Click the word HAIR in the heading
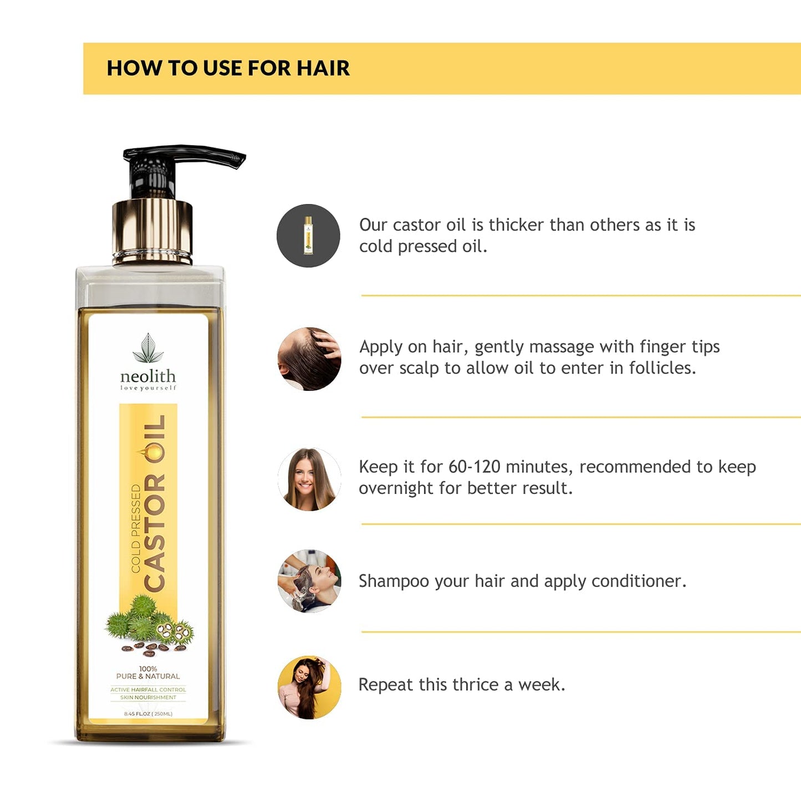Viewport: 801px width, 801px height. coord(323,68)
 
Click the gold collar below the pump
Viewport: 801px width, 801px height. coord(152,230)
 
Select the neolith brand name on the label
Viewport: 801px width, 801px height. coord(148,376)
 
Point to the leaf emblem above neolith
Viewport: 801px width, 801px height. coord(148,348)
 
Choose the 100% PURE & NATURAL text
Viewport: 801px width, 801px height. coord(148,673)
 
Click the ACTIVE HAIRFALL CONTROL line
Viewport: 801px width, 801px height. coord(148,690)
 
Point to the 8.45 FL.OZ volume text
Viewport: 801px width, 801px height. coord(148,714)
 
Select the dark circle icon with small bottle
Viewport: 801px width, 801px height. coord(308,236)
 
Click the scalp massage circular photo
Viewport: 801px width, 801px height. coord(309,359)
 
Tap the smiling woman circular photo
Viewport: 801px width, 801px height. coord(309,479)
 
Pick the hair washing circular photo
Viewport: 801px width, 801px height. coord(309,581)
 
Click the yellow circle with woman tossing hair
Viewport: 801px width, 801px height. coord(309,687)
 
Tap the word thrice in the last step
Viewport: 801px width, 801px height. coord(475,685)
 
